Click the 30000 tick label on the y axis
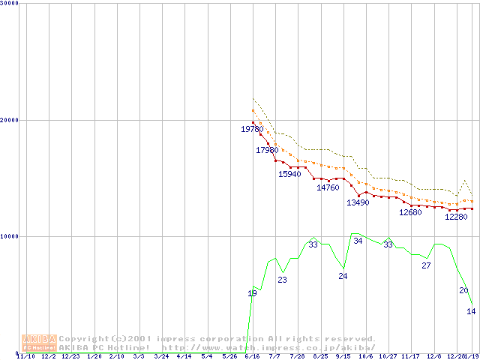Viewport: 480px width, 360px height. pos(10,3)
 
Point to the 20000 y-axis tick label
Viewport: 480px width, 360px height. pos(10,120)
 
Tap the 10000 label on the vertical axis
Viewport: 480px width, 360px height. pos(10,236)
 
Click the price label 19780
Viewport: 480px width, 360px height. pos(252,130)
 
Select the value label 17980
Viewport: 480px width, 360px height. pos(268,151)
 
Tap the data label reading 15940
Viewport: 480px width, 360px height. pos(289,174)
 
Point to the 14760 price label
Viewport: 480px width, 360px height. pos(328,187)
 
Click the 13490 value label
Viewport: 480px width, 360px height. pos(358,202)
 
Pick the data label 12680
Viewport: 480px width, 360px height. pos(410,212)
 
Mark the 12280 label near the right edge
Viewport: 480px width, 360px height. pos(456,217)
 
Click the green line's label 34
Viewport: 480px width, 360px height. pos(358,241)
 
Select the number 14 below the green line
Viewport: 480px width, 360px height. pos(471,311)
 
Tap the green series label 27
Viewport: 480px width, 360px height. pos(426,265)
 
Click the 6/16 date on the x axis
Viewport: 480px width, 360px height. pos(252,356)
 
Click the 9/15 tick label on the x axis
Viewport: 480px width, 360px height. pos(343,356)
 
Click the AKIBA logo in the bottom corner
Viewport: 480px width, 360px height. pos(39,343)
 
